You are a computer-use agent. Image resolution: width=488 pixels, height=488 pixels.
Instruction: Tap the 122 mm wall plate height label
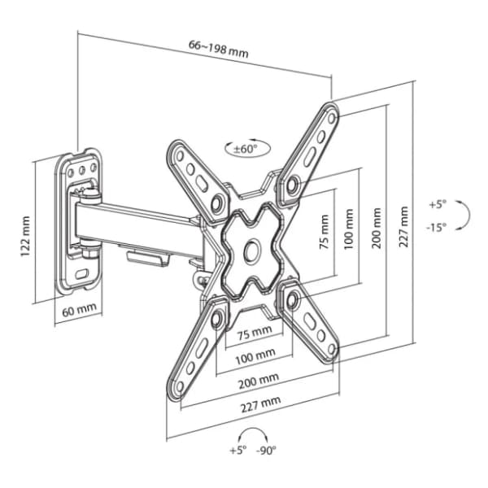point(26,232)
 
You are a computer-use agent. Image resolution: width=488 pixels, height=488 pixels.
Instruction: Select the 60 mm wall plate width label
point(78,310)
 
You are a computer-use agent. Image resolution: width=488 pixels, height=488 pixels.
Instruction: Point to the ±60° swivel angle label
point(245,149)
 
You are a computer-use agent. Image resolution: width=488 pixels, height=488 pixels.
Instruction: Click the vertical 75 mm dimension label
point(325,236)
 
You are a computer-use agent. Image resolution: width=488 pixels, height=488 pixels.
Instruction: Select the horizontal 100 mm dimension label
point(255,356)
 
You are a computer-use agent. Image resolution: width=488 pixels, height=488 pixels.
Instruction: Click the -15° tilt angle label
point(437,229)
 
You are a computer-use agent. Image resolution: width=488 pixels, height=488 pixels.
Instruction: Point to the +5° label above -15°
point(437,205)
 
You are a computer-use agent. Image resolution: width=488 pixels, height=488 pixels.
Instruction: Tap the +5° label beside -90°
point(237,451)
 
